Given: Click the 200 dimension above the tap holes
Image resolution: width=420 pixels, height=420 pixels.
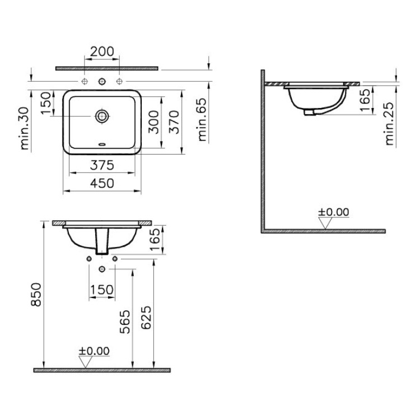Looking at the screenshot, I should (102, 52).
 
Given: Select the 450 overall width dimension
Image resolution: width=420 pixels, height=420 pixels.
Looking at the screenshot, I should (102, 183).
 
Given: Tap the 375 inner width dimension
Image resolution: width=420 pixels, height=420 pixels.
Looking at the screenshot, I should (102, 165).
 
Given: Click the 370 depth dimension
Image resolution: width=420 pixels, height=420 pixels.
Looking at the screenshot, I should (173, 122).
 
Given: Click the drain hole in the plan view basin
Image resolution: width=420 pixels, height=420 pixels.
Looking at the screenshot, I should (102, 116).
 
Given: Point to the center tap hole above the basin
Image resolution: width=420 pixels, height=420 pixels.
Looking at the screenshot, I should (102, 82).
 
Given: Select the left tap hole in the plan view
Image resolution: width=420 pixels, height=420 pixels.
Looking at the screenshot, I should (85, 82).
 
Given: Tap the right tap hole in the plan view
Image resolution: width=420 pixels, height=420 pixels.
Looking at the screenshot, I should (119, 82).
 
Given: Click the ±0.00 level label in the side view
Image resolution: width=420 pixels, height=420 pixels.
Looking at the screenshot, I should (333, 212).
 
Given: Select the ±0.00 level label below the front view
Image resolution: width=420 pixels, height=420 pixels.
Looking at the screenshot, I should (94, 351).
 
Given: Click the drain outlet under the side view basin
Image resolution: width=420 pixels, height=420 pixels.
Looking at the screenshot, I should (309, 113).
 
